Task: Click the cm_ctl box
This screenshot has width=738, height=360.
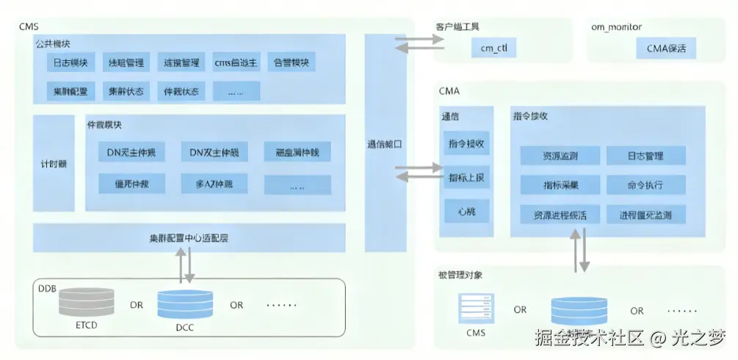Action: point(493,49)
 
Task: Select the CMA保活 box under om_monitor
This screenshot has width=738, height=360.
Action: point(666,49)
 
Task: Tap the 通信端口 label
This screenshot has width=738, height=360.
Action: point(385,145)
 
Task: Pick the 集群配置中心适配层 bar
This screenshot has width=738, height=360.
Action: point(189,239)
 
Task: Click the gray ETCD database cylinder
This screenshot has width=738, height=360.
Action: point(86,302)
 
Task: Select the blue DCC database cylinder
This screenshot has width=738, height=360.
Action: point(185,303)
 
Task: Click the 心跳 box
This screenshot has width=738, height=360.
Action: point(466,212)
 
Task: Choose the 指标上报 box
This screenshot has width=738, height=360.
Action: point(466,178)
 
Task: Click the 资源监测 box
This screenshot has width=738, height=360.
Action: point(560,156)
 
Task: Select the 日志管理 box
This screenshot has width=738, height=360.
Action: point(645,156)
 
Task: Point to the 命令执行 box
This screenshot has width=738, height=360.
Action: point(645,184)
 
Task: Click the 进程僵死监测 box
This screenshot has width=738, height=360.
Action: point(645,215)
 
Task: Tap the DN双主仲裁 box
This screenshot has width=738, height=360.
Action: point(214,152)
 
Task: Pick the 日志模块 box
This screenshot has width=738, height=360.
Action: point(70,62)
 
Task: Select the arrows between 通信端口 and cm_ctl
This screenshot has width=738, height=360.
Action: point(415,43)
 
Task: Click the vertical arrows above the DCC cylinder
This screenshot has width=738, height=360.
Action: point(184,265)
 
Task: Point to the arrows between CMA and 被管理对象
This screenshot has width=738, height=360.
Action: point(580,250)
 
